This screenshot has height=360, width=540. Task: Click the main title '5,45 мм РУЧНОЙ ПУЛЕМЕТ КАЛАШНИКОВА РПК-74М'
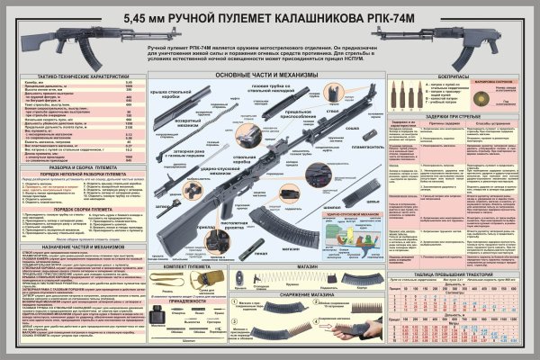pos(270,16)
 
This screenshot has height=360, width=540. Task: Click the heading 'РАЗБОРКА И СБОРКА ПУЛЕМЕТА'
pos(79,168)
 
